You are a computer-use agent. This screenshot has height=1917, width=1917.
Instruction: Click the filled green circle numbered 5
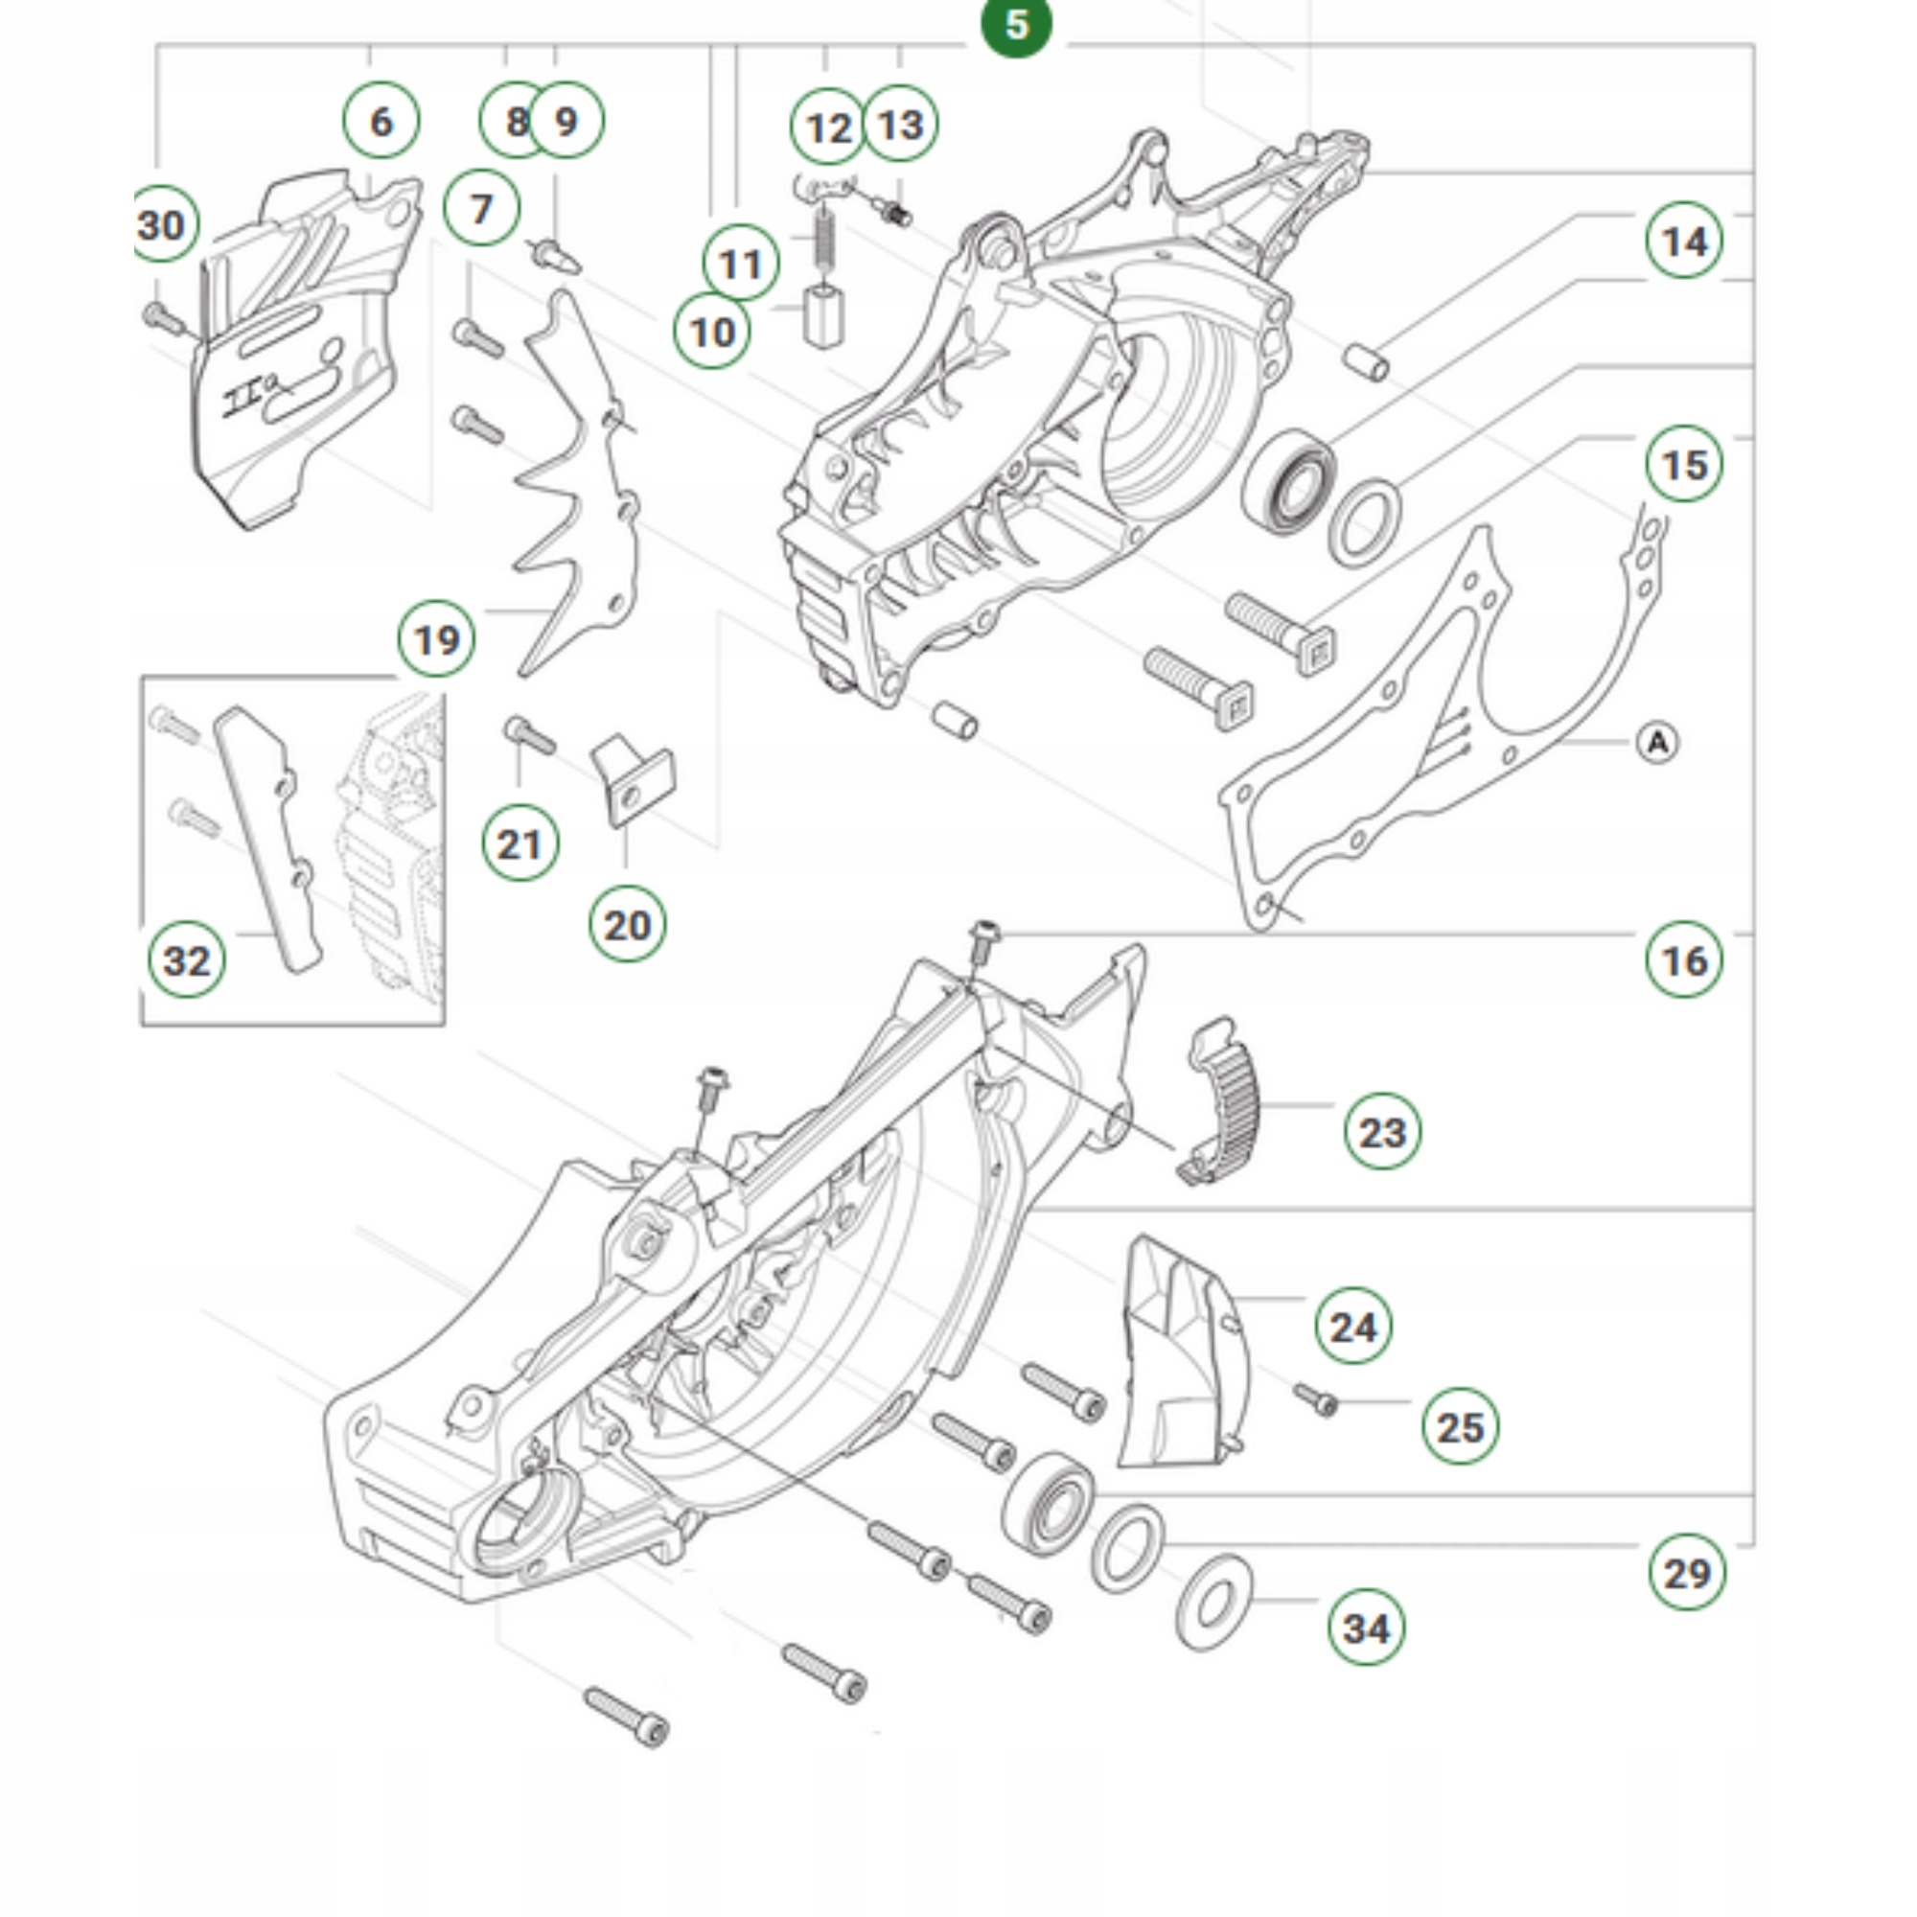point(1015,24)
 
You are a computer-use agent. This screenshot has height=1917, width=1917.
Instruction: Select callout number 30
point(163,224)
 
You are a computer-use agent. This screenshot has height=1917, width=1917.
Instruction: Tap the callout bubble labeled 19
point(436,639)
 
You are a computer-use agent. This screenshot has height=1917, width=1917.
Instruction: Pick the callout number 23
point(1382,1131)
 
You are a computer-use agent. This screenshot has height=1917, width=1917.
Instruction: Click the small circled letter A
point(1657,742)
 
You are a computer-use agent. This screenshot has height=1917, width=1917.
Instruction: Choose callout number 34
point(1366,1628)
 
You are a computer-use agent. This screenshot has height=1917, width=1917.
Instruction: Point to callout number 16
point(1684,959)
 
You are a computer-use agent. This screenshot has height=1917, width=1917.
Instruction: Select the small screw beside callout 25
point(1318,1400)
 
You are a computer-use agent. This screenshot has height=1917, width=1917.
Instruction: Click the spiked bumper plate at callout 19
point(575,486)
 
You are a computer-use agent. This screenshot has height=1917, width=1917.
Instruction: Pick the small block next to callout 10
point(822,315)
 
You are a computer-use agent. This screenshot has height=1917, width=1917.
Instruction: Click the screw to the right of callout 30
point(164,318)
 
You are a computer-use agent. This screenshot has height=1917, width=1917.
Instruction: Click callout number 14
point(1684,241)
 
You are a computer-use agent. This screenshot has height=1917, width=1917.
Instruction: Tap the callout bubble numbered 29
point(1687,1573)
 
